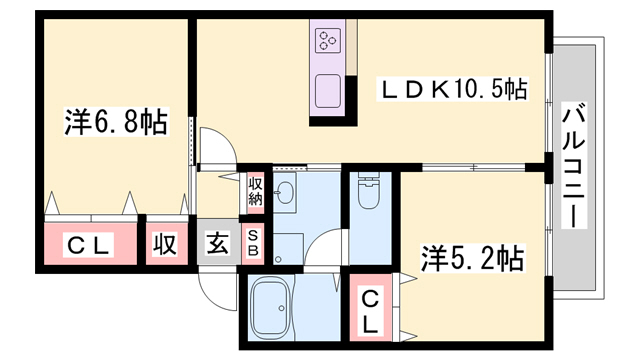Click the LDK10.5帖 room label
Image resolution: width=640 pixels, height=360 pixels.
coord(453,89)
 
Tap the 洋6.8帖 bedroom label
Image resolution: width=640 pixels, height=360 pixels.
coord(116,122)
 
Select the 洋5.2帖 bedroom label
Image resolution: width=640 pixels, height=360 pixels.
coord(473,258)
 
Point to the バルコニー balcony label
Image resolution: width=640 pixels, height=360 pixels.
coord(574,165)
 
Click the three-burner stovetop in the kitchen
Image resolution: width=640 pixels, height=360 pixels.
coord(328,40)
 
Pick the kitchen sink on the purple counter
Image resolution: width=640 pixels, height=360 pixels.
coord(328,91)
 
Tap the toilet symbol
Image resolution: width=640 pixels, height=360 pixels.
coord(369,190)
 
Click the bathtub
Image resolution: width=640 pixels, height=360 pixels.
coord(272,307)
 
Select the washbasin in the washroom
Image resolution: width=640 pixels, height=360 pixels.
coord(284,192)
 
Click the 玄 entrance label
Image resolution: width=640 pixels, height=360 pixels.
coord(218,243)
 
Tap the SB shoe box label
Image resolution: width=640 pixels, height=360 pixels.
coord(253,243)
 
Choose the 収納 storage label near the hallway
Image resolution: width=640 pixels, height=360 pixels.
coord(256,192)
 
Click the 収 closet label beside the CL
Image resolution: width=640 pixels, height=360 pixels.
coord(165,244)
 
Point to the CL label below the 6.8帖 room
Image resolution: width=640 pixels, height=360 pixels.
coord(88,245)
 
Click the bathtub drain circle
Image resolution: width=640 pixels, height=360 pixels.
coord(281,308)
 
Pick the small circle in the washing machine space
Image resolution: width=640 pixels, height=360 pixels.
coord(278,259)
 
